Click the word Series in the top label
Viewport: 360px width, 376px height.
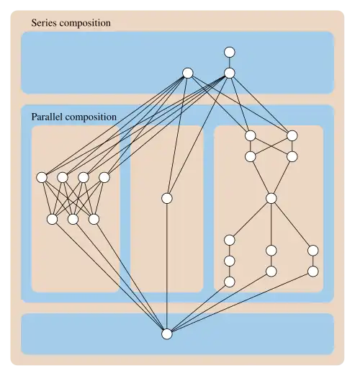tap(44, 23)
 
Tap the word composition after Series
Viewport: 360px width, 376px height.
tap(85, 24)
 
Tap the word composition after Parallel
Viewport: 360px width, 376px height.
tap(91, 117)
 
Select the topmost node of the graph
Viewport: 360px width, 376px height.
tap(230, 52)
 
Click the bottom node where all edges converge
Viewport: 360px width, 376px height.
tap(167, 334)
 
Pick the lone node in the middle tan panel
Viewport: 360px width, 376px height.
tap(167, 198)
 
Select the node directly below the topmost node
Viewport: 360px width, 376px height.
tap(230, 73)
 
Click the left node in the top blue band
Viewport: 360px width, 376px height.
tap(188, 73)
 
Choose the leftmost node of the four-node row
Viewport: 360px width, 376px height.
tap(42, 177)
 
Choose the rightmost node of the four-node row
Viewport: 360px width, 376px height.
tap(104, 177)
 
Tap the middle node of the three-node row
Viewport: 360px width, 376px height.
tap(73, 219)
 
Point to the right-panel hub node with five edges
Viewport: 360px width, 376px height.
tap(271, 198)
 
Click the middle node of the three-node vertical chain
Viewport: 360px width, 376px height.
tap(230, 261)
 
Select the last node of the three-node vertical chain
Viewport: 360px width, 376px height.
tap(230, 282)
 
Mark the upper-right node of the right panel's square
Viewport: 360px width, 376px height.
tap(292, 135)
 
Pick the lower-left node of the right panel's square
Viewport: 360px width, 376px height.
tap(251, 156)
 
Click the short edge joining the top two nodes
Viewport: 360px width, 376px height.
tap(230, 63)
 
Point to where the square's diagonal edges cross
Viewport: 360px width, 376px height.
tap(271, 146)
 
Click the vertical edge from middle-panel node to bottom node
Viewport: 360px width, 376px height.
tap(167, 266)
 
